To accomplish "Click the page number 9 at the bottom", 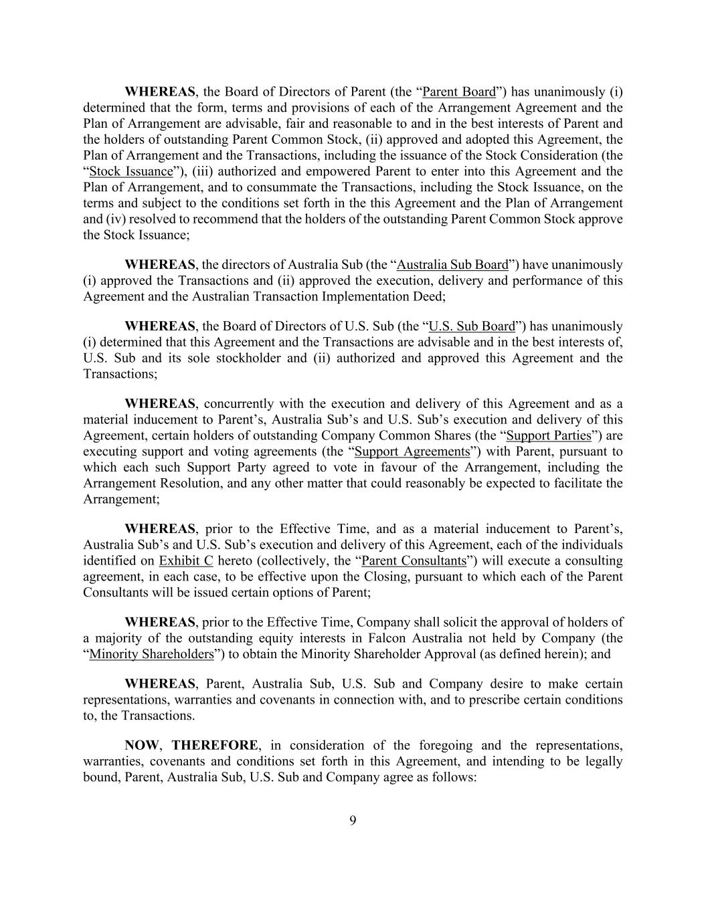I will pos(353,821).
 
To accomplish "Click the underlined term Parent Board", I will pos(459,92).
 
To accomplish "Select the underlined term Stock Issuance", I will pos(130,172).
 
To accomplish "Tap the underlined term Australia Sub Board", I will pos(452,265).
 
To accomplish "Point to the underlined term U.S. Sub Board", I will pos(471,326).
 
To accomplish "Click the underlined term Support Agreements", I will pos(412,452).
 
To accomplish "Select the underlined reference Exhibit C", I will pos(185,561).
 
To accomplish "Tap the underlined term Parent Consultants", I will pos(413,561).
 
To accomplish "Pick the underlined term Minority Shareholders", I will pos(151,654).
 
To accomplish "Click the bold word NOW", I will pos(142,746).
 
